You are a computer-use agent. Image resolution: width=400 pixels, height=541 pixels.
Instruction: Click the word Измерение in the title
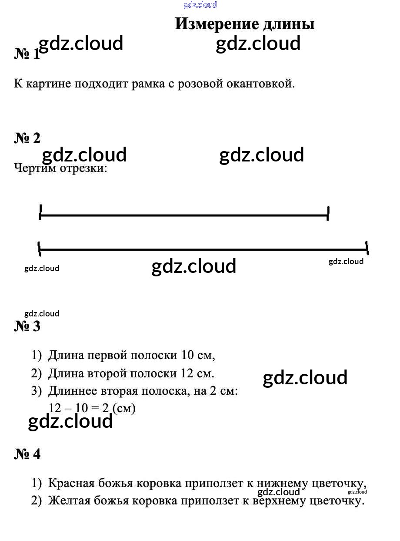(x=217, y=24)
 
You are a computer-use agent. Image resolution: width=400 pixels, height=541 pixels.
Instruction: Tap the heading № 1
(x=27, y=54)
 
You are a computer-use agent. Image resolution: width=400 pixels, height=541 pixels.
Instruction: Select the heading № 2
(x=27, y=138)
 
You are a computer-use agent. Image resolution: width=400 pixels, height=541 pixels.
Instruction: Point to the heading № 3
(x=27, y=326)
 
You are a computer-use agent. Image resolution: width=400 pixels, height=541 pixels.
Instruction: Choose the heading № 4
(x=27, y=454)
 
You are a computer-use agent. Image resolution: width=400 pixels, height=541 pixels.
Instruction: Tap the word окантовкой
(x=261, y=84)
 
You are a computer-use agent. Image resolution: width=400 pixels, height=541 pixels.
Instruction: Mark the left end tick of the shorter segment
(x=40, y=212)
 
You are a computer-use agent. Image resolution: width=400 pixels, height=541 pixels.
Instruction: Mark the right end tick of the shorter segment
(x=328, y=213)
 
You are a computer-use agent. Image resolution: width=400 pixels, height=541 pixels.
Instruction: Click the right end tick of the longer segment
(x=367, y=248)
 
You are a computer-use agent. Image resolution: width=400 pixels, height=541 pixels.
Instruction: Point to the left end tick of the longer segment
(x=39, y=249)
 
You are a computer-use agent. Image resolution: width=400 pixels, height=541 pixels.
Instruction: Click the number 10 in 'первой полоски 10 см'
(x=187, y=355)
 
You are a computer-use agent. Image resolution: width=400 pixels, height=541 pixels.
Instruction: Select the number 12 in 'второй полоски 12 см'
(x=187, y=373)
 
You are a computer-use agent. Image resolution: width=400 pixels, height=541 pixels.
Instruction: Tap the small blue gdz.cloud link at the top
(x=200, y=5)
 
